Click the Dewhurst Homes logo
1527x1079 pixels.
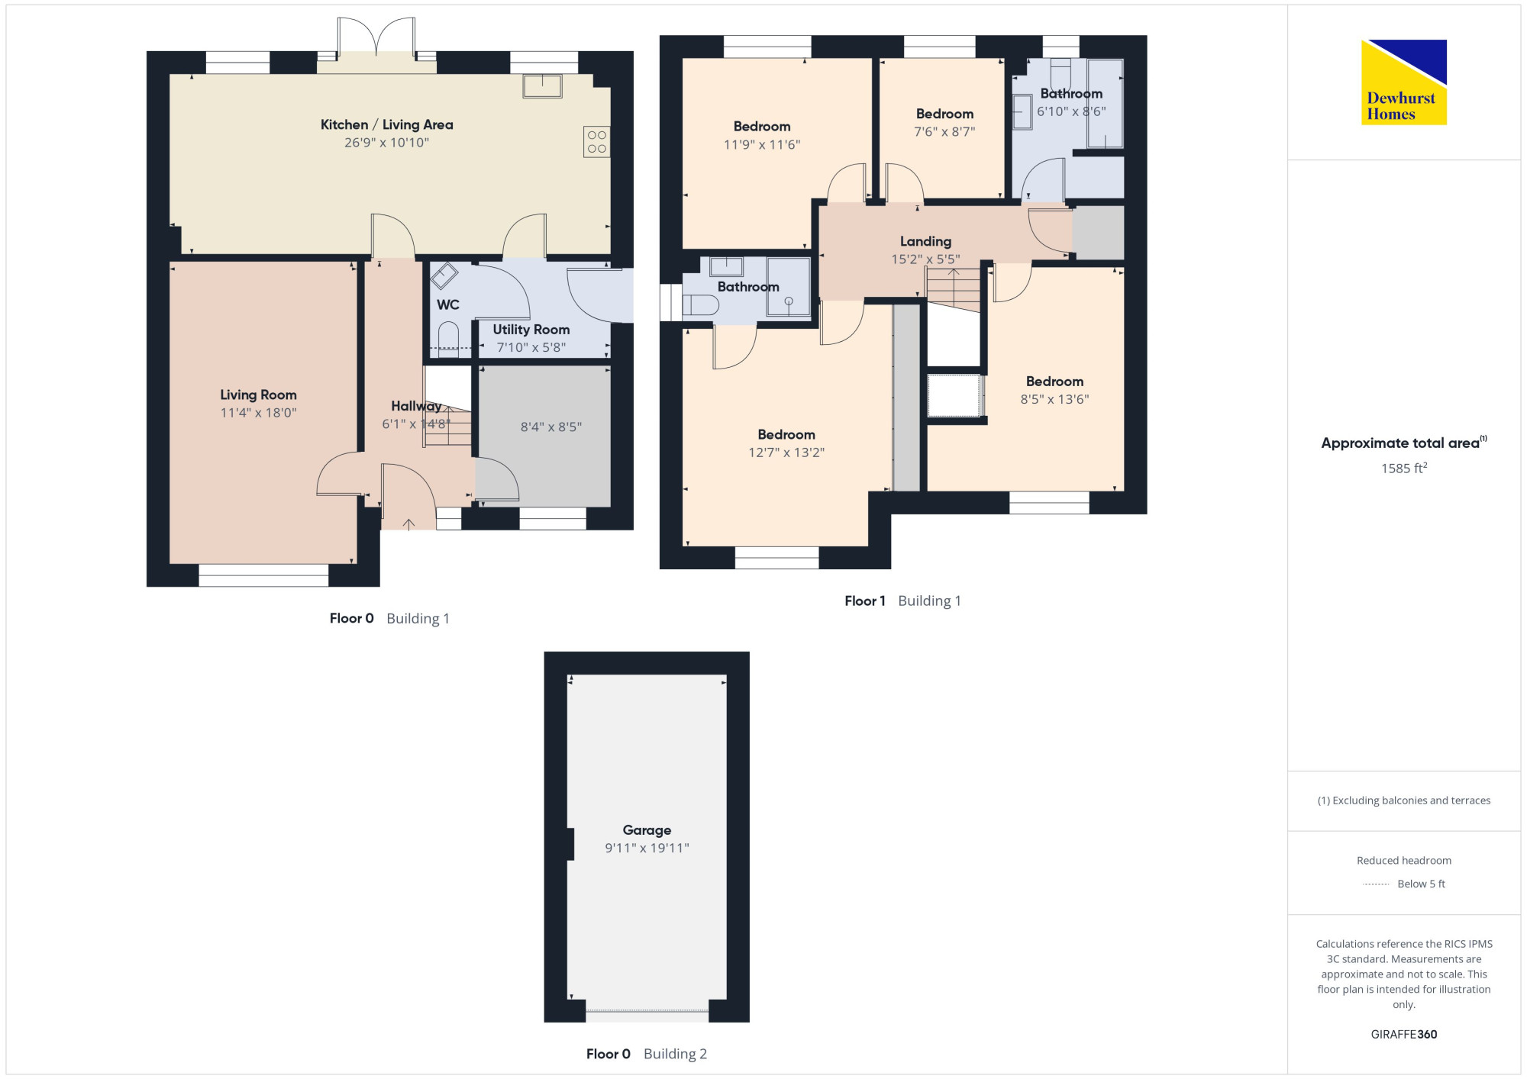[x=1404, y=82]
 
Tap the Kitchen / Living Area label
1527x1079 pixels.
[x=386, y=124]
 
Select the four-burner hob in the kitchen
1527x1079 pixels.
[x=597, y=141]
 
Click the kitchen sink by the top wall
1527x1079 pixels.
[x=542, y=85]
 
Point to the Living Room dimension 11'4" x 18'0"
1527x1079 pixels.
[x=258, y=413]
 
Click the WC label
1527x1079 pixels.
[x=448, y=304]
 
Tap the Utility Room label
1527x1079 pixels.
[x=531, y=330]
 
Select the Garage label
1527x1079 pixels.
[x=647, y=830]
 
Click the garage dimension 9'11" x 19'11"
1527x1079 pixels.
[x=647, y=848]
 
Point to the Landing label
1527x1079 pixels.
[x=925, y=242]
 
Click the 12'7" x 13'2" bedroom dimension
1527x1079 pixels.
[x=786, y=453]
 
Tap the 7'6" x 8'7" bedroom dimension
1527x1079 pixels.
[x=944, y=132]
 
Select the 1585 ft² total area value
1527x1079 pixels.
[x=1404, y=468]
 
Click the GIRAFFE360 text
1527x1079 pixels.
[x=1404, y=1035]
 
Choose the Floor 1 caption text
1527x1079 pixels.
[x=865, y=601]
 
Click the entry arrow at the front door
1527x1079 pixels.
[x=408, y=523]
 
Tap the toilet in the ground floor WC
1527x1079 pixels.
[x=448, y=340]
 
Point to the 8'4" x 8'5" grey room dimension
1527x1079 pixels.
[x=551, y=427]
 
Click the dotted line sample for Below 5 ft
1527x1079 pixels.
[x=1376, y=884]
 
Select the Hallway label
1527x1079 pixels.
[x=416, y=406]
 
